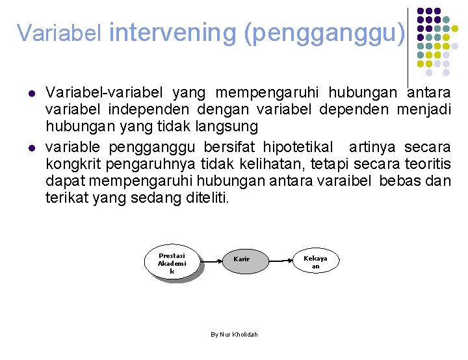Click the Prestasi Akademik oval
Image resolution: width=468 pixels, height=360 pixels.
point(172,263)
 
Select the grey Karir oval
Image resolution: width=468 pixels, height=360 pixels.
point(241,259)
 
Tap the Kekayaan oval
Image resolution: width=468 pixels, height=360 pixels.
point(315,261)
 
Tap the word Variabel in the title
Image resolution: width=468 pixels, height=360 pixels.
point(59,32)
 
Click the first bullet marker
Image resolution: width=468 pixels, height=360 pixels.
point(30,94)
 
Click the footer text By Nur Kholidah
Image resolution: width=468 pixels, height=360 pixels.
point(234,334)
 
